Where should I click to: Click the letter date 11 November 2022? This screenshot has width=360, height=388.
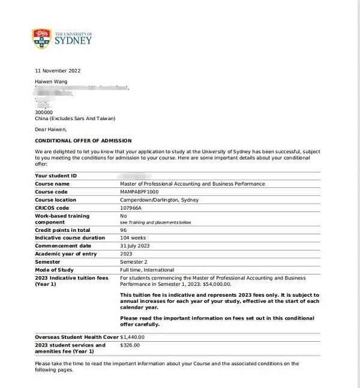(x=59, y=71)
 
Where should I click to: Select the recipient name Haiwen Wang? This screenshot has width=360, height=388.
(x=52, y=81)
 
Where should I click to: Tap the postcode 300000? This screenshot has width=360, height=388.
(x=44, y=112)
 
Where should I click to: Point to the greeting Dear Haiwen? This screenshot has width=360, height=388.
(x=51, y=129)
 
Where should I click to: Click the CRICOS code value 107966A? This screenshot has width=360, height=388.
(x=131, y=207)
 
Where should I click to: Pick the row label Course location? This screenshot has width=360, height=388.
(x=55, y=199)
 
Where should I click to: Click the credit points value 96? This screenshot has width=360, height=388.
(x=124, y=230)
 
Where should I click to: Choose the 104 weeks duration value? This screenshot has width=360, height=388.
(x=133, y=238)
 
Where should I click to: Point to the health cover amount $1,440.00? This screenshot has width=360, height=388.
(x=133, y=337)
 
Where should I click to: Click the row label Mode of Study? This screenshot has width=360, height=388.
(x=56, y=270)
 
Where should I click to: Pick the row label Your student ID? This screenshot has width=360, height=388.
(x=56, y=175)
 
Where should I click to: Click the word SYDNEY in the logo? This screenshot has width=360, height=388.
(x=73, y=41)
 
